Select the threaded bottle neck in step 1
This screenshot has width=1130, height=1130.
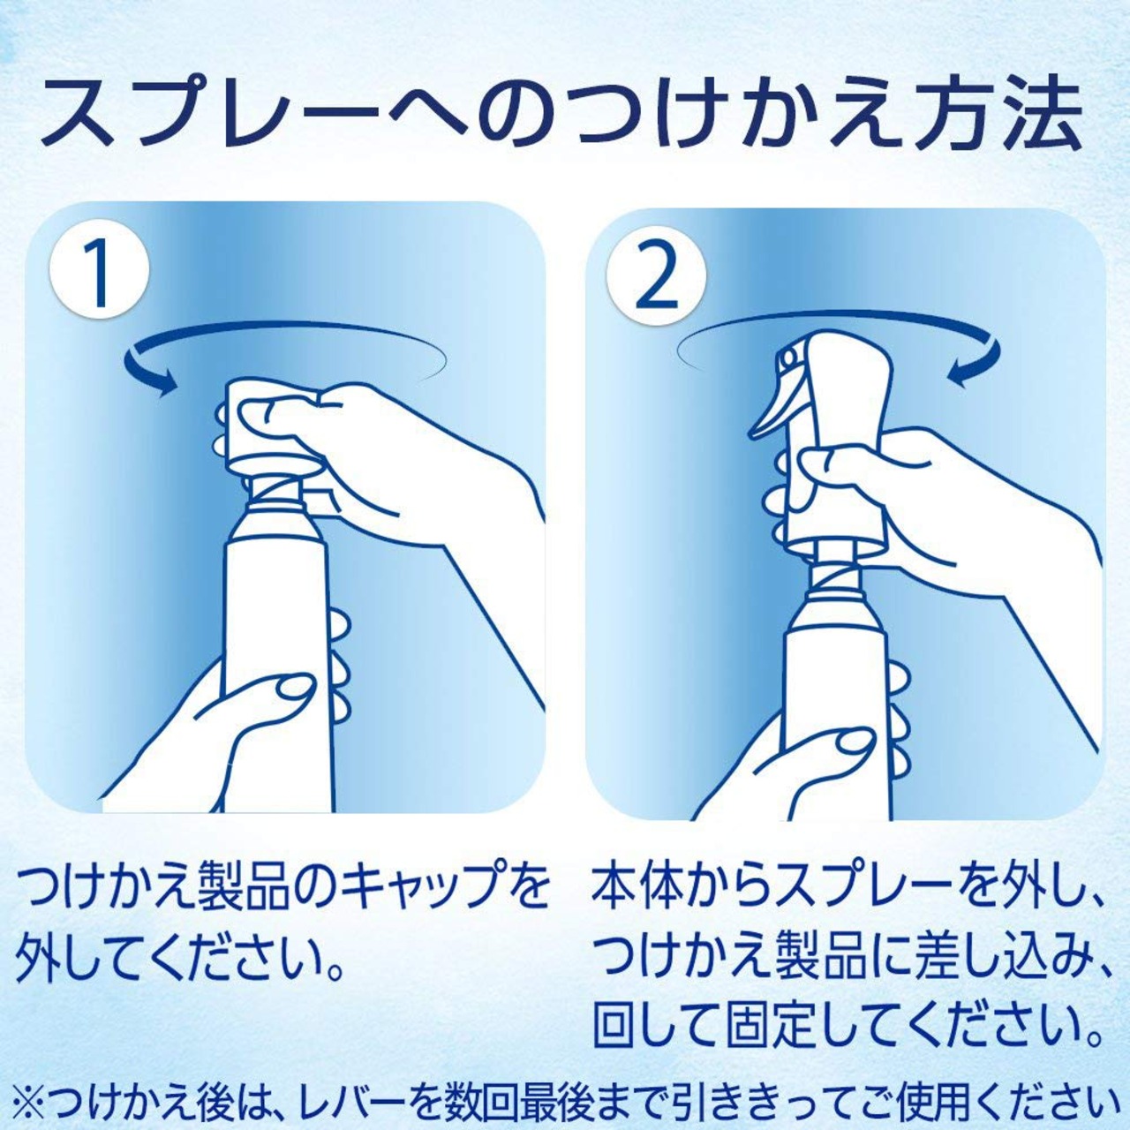tap(275, 494)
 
